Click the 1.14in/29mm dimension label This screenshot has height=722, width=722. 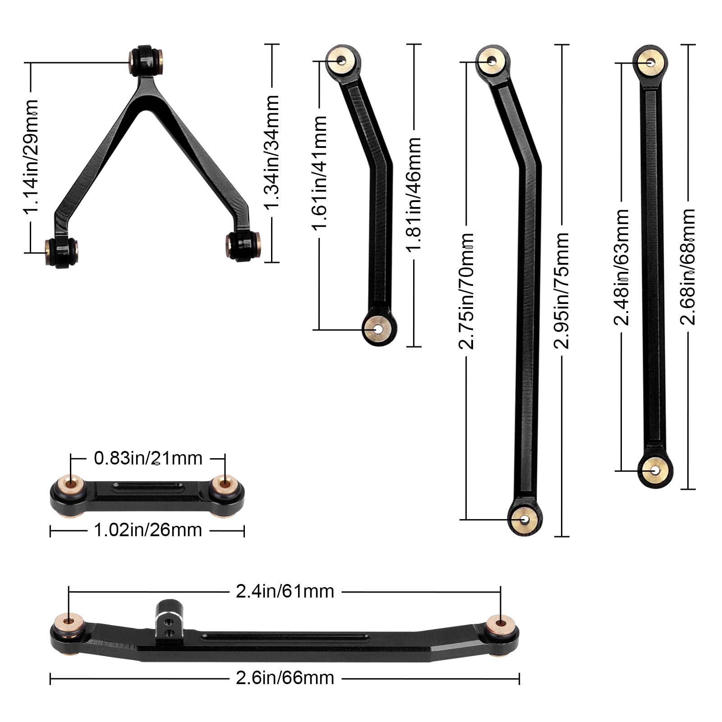(31, 156)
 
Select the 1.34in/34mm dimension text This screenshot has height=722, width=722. (272, 152)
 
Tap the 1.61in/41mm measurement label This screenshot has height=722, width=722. (319, 173)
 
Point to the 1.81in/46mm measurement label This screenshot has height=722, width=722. (414, 194)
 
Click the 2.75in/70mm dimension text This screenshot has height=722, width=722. (466, 291)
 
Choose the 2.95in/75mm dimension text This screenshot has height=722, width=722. (562, 291)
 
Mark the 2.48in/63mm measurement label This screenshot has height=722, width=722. (621, 267)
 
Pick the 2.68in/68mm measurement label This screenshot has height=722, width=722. (688, 267)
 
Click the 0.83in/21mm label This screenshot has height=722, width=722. (148, 458)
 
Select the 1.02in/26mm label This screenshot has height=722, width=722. (148, 530)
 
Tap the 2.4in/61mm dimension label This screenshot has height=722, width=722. (285, 591)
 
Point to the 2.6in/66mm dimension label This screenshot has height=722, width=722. (285, 678)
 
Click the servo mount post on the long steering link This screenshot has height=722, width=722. (168, 618)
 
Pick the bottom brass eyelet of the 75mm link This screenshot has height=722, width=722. (524, 519)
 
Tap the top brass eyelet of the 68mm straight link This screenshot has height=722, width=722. (650, 62)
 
